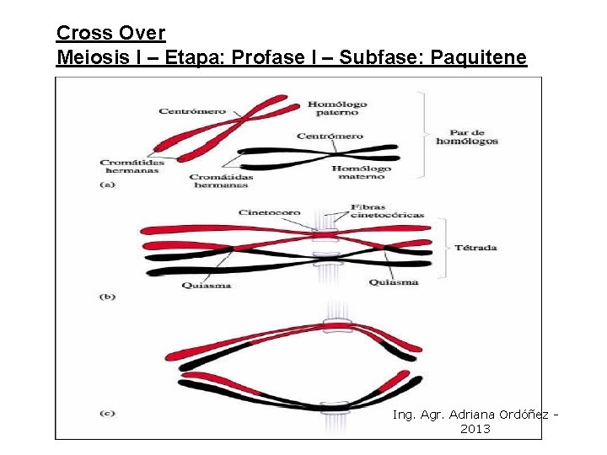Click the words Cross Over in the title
click(x=110, y=33)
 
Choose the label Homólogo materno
click(x=361, y=173)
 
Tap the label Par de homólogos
click(x=466, y=136)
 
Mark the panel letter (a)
click(x=107, y=185)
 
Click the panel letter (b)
click(x=107, y=297)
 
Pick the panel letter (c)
click(x=107, y=413)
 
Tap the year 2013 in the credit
click(x=475, y=429)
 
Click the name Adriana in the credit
click(x=474, y=415)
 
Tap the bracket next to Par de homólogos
click(x=422, y=135)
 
